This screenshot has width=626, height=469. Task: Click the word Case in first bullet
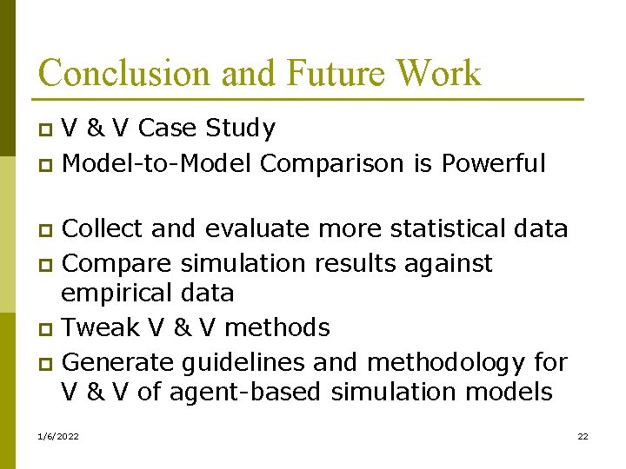[x=167, y=129]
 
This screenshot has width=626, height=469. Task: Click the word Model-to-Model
[x=157, y=162]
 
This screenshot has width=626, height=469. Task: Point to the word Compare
[x=117, y=262]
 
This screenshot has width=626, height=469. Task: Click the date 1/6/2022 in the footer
[x=58, y=436]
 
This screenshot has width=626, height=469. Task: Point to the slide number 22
[x=583, y=436]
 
